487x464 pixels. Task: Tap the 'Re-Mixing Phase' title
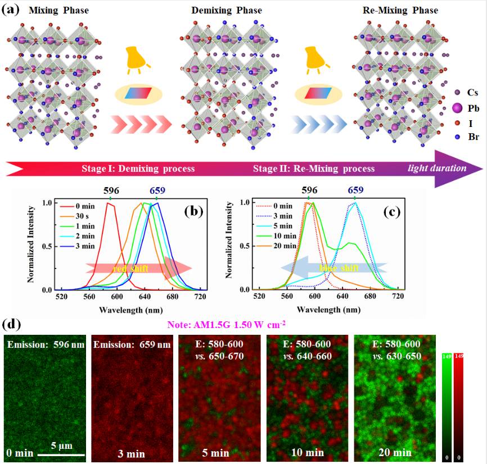400,10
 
